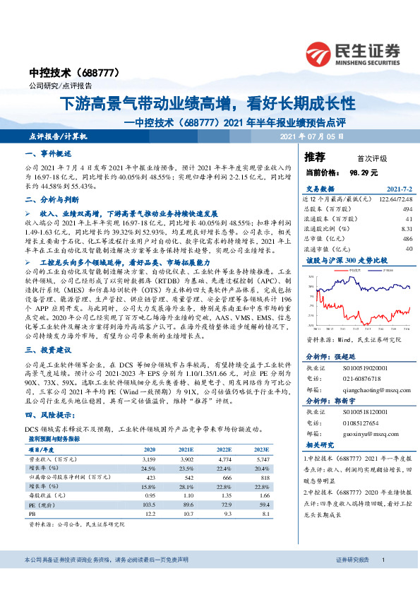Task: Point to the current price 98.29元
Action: tap(364, 172)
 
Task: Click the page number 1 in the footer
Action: tap(382, 579)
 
